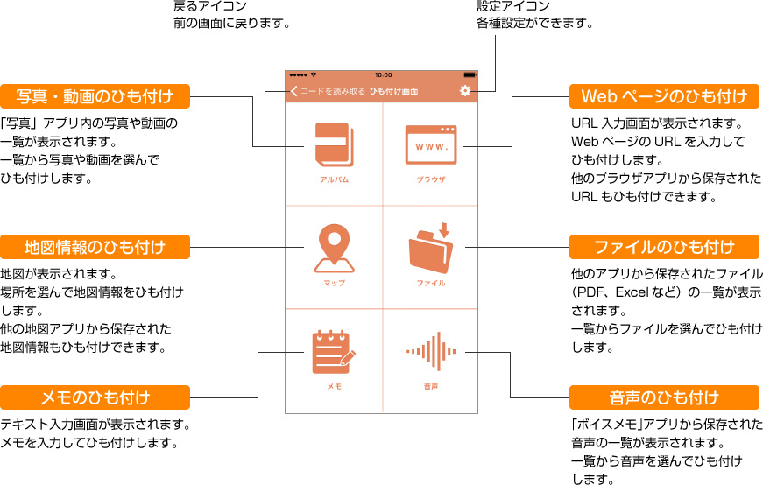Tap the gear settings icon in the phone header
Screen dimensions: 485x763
(464, 91)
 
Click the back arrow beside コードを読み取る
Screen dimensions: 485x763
(293, 91)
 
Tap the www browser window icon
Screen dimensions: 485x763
(431, 145)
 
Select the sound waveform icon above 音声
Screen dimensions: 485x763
(431, 352)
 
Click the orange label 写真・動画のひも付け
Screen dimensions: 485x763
(95, 95)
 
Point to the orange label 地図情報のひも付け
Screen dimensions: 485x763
(95, 247)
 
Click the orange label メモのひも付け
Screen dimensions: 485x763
(95, 398)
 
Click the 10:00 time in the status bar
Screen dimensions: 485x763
(383, 74)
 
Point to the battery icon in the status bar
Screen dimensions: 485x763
(470, 74)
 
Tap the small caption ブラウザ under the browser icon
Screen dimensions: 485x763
(431, 179)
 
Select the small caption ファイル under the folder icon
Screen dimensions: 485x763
(431, 283)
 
